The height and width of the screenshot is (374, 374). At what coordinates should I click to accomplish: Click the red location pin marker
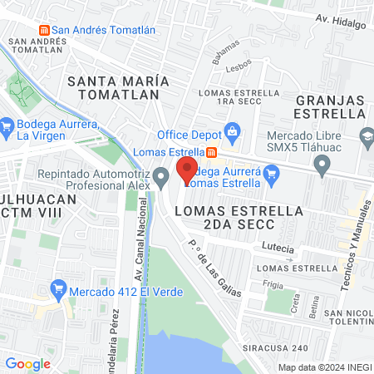click(x=187, y=170)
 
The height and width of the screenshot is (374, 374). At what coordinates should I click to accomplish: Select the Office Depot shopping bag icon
click(x=234, y=131)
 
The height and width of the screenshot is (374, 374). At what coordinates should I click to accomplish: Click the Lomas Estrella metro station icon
click(x=212, y=152)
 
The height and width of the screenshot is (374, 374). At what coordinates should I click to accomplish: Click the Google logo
click(x=28, y=364)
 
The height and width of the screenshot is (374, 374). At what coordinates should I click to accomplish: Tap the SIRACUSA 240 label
click(x=277, y=347)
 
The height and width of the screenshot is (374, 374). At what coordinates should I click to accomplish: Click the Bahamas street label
click(x=225, y=52)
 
